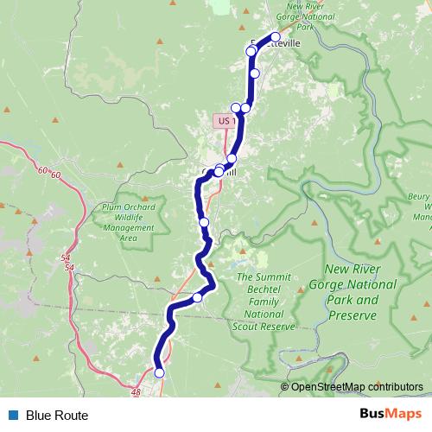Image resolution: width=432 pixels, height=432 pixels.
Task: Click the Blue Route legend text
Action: click(57, 416)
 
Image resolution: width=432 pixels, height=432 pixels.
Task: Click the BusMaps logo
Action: click(393, 415)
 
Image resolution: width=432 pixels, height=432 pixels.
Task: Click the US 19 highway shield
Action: click(226, 122)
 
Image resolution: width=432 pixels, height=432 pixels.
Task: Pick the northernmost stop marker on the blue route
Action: click(276, 36)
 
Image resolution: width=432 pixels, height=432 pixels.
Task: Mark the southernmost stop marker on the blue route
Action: click(159, 373)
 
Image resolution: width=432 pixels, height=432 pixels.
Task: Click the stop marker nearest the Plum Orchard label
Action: click(205, 223)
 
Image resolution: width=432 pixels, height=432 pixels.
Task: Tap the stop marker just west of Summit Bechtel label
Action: click(198, 297)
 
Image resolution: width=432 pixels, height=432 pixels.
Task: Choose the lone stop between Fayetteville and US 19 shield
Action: click(255, 73)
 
